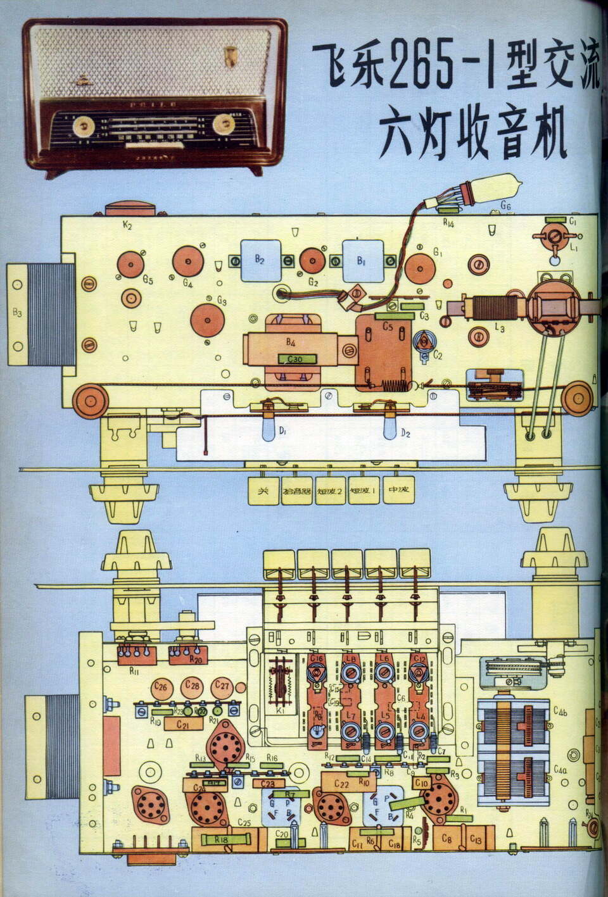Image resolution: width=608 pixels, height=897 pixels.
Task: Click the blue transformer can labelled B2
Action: [x=260, y=260]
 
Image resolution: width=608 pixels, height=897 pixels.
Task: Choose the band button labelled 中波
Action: [x=398, y=491]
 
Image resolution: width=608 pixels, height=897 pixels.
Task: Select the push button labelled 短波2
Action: [x=330, y=491]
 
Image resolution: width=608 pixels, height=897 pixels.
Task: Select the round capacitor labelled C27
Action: [x=221, y=686]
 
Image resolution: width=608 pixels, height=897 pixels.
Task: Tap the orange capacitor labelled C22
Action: [x=342, y=783]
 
